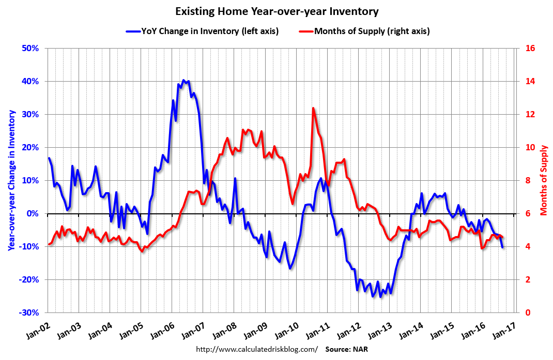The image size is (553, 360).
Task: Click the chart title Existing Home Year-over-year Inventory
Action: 276,11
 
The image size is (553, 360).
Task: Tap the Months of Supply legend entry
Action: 364,31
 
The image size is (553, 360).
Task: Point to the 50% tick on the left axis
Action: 30,49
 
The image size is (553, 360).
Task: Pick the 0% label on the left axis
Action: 33,214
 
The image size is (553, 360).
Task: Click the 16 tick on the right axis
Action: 529,49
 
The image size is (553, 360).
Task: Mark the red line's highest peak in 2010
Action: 313,108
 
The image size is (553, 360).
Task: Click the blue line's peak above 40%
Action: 183,80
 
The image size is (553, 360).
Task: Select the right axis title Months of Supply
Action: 544,180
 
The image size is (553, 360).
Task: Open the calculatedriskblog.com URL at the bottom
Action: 257,349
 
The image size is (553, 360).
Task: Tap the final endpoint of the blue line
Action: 502,247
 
